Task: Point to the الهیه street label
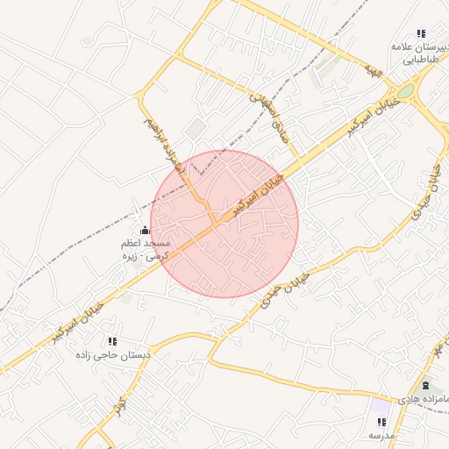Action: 375,71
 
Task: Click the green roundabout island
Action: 405,90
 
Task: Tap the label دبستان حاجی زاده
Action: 113,355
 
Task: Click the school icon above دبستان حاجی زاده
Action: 112,341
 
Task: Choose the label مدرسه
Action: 382,435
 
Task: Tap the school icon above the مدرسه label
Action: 381,422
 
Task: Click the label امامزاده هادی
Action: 422,399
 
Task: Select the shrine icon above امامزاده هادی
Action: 426,386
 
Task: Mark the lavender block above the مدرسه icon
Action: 380,406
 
